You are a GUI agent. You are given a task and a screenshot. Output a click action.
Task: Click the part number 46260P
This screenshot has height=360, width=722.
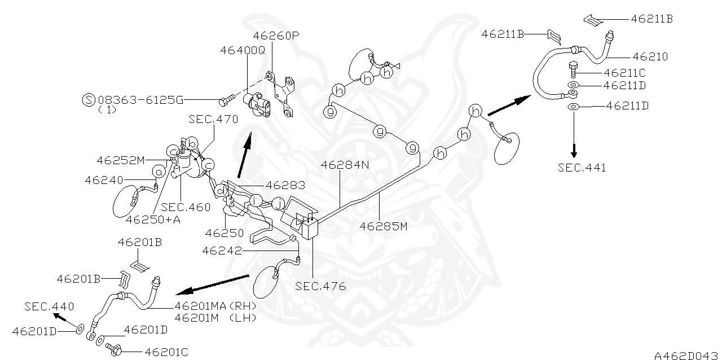276,36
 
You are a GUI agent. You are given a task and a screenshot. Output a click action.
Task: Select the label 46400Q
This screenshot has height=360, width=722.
243,50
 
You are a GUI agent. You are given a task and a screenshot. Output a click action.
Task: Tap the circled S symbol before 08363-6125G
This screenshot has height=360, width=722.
89,100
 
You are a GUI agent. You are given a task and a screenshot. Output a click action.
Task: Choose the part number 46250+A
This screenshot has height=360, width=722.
152,219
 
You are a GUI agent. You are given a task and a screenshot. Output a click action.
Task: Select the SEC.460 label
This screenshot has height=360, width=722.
186,207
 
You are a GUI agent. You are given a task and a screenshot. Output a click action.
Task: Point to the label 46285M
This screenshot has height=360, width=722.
384,227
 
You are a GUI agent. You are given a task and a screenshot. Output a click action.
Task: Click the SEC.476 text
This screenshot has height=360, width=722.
320,286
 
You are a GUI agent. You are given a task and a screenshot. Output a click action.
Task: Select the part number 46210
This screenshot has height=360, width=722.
650,56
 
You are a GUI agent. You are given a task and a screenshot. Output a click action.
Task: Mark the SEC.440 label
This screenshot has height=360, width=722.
49,306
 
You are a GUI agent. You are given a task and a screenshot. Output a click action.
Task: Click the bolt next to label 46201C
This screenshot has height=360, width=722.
117,350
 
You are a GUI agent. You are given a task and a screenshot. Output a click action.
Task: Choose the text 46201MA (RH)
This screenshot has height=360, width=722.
216,305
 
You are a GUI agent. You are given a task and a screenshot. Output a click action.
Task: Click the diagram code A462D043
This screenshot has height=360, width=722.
686,355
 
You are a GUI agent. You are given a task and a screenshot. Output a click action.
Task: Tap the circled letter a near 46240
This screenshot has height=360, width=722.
159,170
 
